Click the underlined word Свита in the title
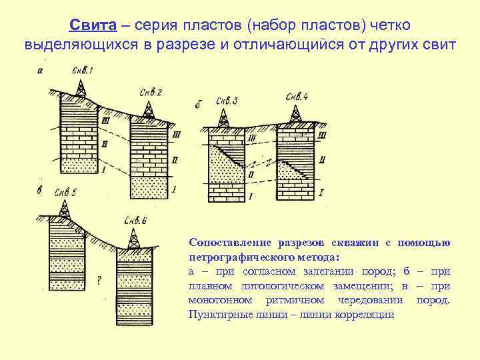click(93, 25)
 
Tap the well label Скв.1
click(83, 71)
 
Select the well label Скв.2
click(152, 92)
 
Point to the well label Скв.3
click(227, 101)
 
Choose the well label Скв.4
click(297, 97)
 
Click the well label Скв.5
click(65, 192)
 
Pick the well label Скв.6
click(135, 221)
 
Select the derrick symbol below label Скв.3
click(223, 117)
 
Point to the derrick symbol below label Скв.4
click(294, 114)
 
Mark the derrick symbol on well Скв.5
click(64, 209)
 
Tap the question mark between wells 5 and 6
click(99, 281)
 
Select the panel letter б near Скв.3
click(199, 105)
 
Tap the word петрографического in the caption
click(243, 257)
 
